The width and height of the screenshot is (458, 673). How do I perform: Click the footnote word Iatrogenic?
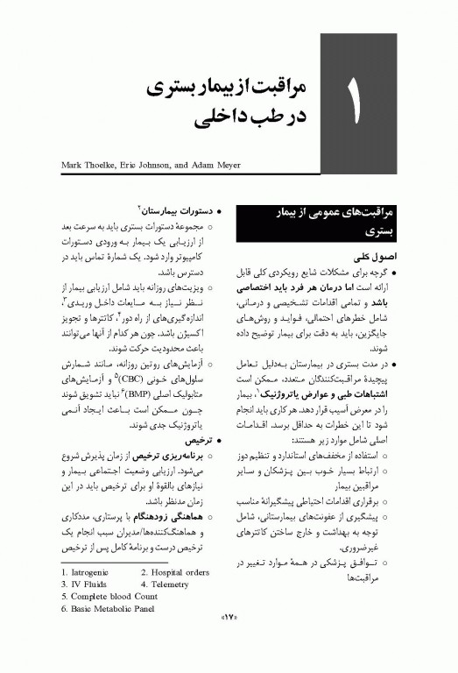[x=90, y=572]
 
